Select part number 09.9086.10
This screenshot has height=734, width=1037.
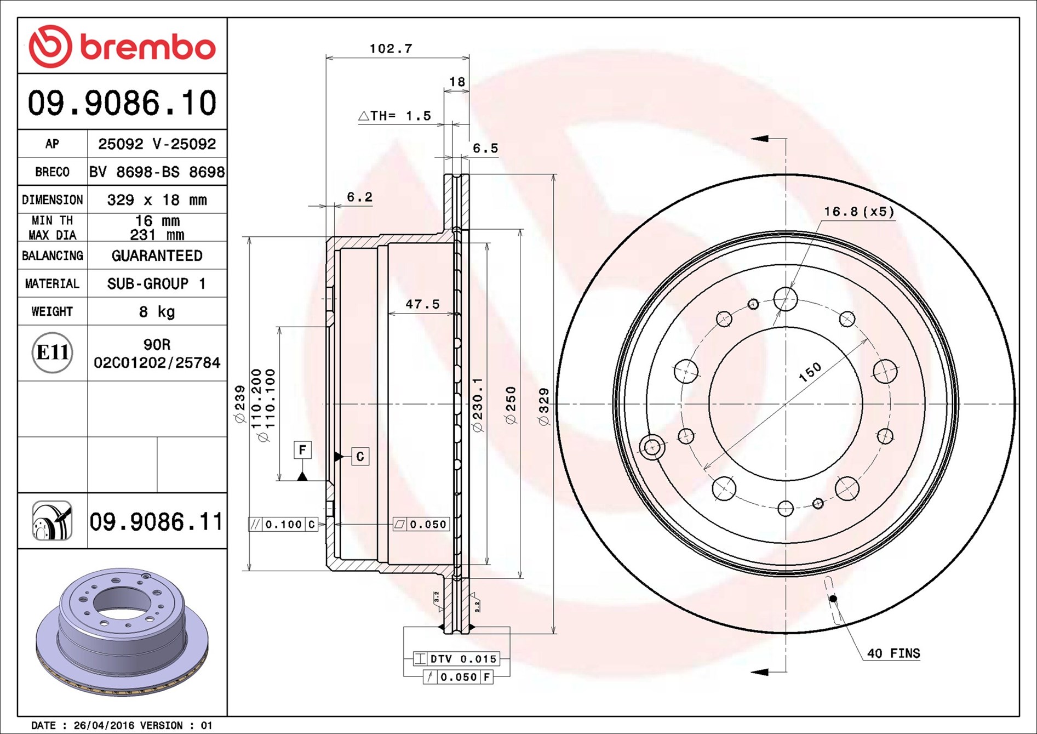coord(122,103)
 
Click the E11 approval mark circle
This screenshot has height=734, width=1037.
coord(52,352)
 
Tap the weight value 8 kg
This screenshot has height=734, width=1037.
coord(157,311)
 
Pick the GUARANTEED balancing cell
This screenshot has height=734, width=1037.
coord(157,255)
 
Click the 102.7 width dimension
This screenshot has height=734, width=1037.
coord(390,48)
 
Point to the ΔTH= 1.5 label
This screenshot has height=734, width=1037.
coord(394,116)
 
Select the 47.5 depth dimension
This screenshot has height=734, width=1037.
coord(422,304)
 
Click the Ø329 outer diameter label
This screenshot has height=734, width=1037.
coord(543,406)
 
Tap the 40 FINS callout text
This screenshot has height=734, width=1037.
coord(893,653)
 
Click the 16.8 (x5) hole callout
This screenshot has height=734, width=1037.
coord(858,212)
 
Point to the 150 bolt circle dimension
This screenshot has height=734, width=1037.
coord(810,372)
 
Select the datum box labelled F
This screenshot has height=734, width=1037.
coord(302,450)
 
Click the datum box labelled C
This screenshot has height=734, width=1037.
coord(360,456)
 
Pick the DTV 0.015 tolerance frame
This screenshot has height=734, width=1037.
coord(456,658)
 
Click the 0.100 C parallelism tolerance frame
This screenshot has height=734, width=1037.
coord(283,524)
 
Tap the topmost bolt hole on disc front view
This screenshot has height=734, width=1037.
coord(785,299)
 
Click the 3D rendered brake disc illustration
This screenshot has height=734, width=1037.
coord(122,630)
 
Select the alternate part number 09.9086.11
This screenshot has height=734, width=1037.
coord(156,521)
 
